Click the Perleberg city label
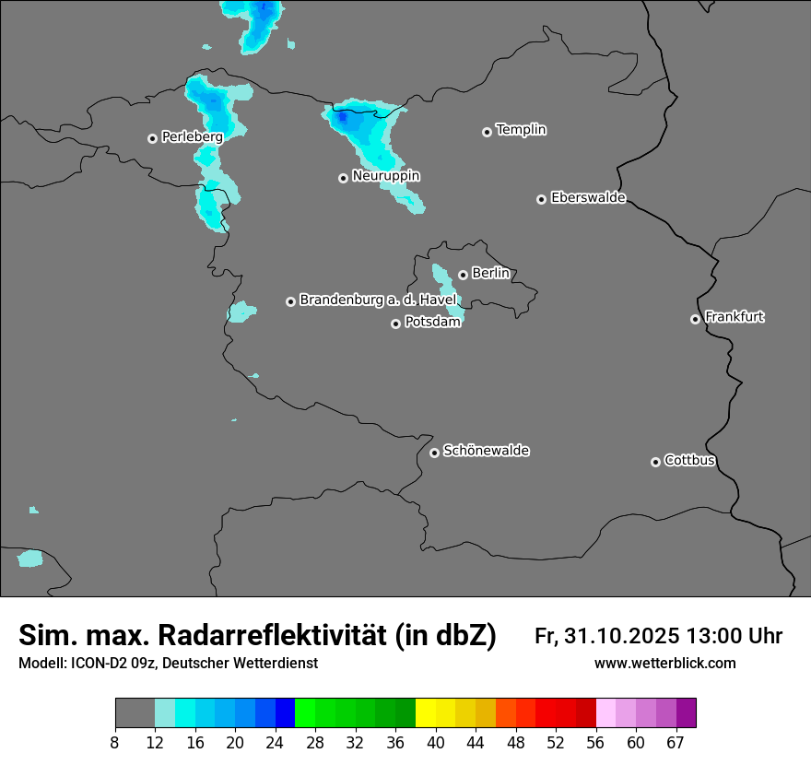(x=192, y=137)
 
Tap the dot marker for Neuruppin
(x=343, y=178)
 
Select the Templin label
(x=521, y=130)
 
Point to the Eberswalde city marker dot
(x=541, y=199)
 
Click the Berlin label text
(x=490, y=274)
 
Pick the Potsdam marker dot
(x=395, y=324)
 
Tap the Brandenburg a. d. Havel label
(x=378, y=300)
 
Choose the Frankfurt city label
(x=735, y=317)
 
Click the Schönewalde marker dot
(x=434, y=453)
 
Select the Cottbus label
(x=689, y=461)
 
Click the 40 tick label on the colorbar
(x=436, y=743)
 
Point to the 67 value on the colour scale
(x=676, y=743)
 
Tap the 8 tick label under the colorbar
(x=115, y=743)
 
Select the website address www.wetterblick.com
(x=664, y=664)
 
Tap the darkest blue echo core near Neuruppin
(x=342, y=118)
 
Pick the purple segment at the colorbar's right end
(x=686, y=713)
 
